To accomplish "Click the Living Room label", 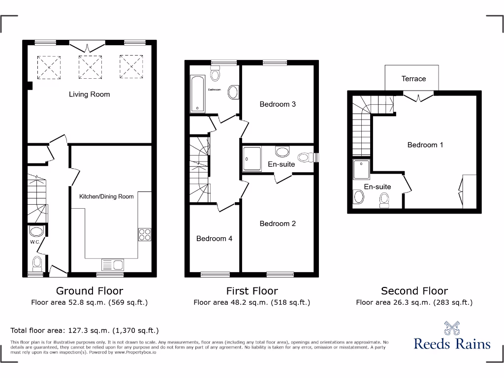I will click(x=89, y=94).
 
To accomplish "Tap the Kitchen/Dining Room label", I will click(x=106, y=196).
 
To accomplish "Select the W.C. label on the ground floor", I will click(x=34, y=242).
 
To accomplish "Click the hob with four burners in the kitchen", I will click(x=144, y=235).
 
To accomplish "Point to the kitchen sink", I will click(x=112, y=265).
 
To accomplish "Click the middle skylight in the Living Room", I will click(x=89, y=67).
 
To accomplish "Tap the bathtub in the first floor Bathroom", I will click(x=197, y=94).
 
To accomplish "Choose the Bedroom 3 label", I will click(x=278, y=104).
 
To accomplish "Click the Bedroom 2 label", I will click(x=278, y=223).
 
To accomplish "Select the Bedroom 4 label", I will click(x=214, y=239).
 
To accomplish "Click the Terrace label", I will click(x=413, y=79).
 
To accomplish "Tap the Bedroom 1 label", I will click(x=425, y=145).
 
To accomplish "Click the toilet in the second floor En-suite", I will click(x=384, y=200).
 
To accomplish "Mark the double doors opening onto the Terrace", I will click(x=419, y=96).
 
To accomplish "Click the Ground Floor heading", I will click(x=90, y=291).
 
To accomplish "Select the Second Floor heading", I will click(x=414, y=291).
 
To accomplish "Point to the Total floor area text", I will click(x=85, y=331).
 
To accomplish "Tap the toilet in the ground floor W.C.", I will click(x=36, y=264).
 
